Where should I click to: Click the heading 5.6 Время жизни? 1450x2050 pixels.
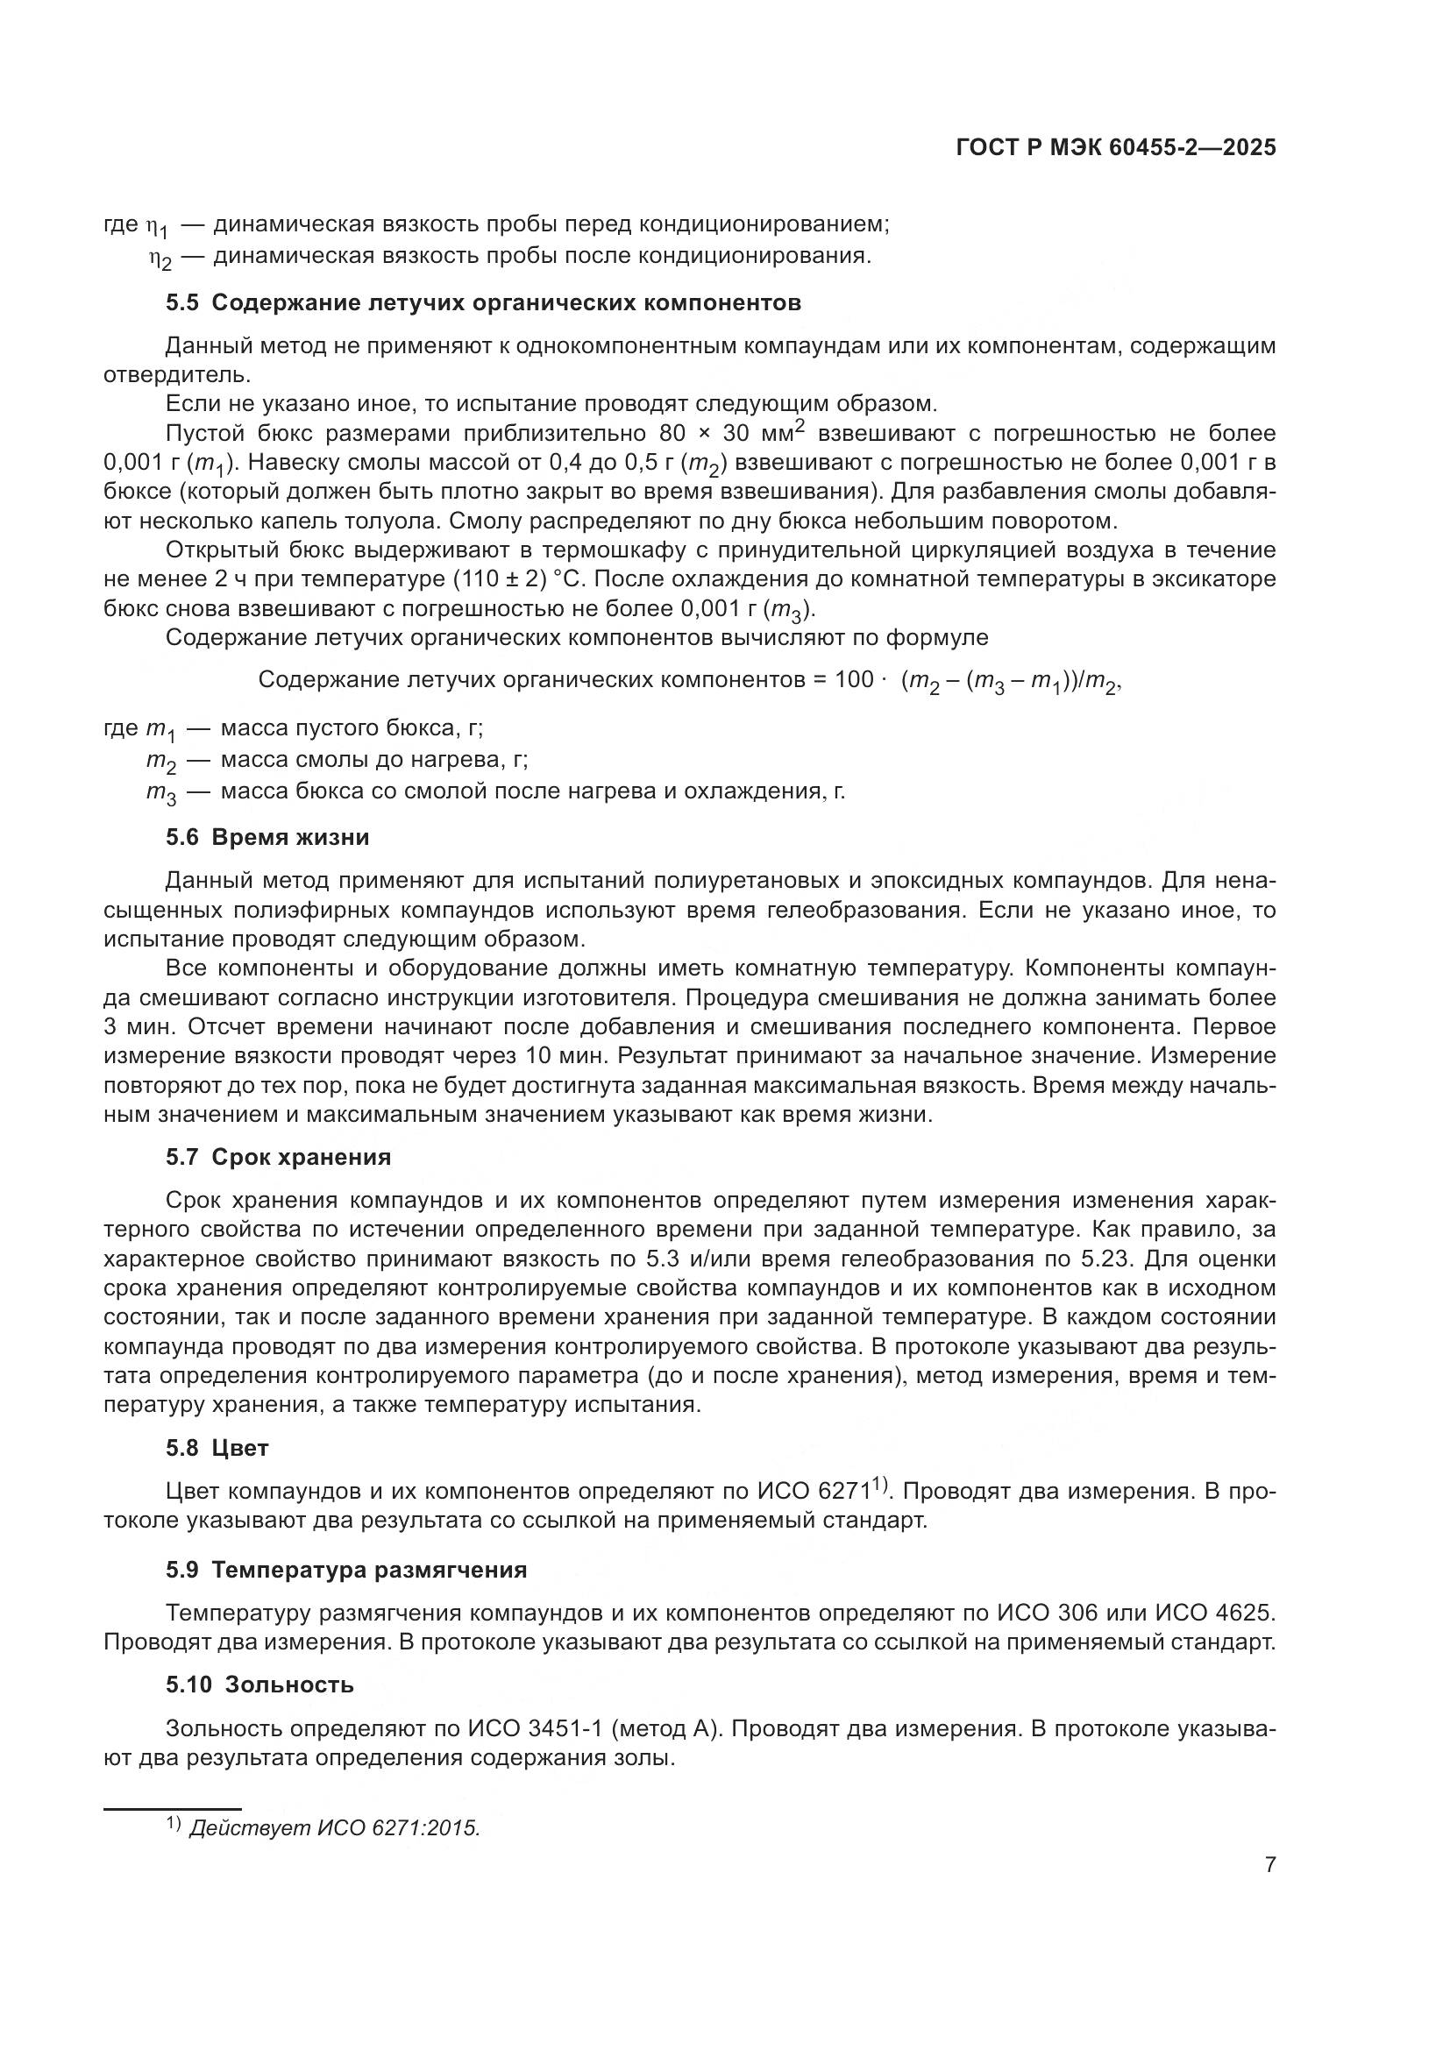point(267,838)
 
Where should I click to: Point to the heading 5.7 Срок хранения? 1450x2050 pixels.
point(278,1158)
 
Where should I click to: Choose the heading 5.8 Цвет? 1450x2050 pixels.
point(217,1448)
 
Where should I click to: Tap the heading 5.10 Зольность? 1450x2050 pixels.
point(259,1685)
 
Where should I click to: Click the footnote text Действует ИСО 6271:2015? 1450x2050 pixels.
point(335,1829)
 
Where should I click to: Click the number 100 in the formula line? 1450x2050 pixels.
point(854,680)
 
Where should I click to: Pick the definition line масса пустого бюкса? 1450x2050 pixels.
point(351,728)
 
